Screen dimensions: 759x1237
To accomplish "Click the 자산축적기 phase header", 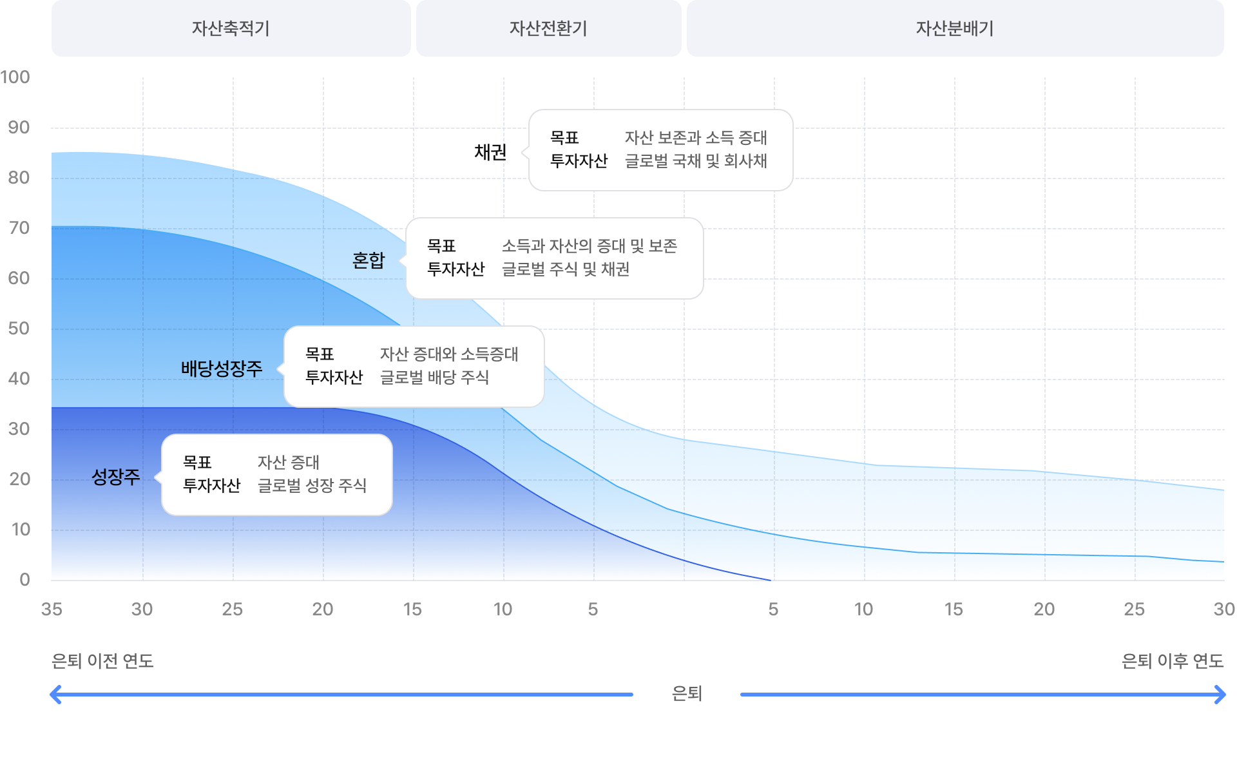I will coord(231,28).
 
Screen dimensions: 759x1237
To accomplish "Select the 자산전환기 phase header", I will coord(548,28).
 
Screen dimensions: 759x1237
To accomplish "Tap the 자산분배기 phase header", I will coord(955,28).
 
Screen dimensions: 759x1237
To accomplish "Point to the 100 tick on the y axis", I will coord(15,77).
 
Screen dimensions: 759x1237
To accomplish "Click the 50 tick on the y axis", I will coord(19,329).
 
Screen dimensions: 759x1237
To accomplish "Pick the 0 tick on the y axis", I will coord(24,579).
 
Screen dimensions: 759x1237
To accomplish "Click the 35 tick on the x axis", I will coord(52,610).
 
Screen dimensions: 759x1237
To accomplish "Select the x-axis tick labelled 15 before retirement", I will coord(412,610).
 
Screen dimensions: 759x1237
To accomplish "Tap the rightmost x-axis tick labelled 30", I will coord(1223,610).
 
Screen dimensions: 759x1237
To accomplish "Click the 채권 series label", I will coord(490,152).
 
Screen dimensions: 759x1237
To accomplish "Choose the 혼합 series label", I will coord(369,260).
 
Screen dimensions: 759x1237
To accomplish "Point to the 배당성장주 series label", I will coord(222,369).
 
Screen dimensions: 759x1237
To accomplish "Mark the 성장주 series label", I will coord(116,477).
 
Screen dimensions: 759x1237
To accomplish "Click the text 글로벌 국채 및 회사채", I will coord(696,161).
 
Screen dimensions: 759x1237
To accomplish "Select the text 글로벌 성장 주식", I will coord(312,486).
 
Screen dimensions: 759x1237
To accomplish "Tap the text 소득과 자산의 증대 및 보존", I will coord(590,246).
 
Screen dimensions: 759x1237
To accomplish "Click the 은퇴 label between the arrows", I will coord(687,694).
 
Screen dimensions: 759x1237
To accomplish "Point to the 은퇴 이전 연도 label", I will coord(102,661).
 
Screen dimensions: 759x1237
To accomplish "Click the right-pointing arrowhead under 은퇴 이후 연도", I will coord(1220,695).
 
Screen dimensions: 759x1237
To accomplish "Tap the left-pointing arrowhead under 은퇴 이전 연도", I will coord(56,695).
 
